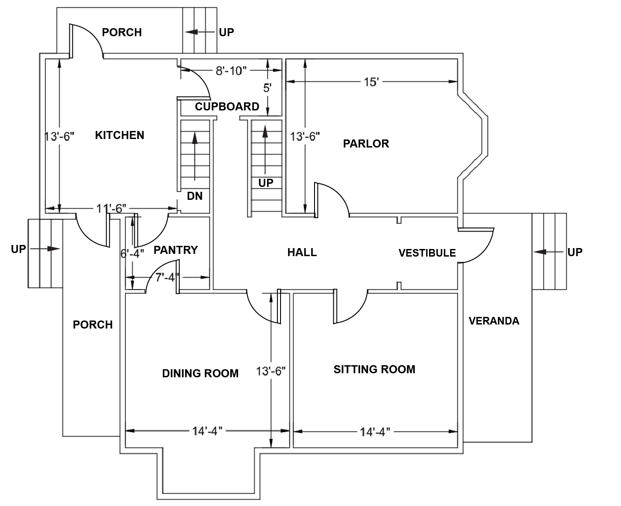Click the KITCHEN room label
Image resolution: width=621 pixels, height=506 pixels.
pyautogui.click(x=119, y=135)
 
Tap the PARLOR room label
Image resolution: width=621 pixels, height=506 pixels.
pyautogui.click(x=366, y=143)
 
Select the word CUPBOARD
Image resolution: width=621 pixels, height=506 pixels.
pyautogui.click(x=227, y=106)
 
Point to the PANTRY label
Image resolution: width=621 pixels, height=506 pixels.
pyautogui.click(x=176, y=250)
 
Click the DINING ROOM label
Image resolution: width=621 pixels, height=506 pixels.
pyautogui.click(x=200, y=373)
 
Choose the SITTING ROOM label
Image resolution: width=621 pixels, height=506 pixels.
pyautogui.click(x=374, y=369)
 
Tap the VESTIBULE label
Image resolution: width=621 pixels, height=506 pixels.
pyautogui.click(x=427, y=253)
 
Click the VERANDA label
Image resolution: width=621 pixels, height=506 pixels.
pyautogui.click(x=494, y=321)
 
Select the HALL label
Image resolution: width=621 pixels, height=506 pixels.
pyautogui.click(x=302, y=253)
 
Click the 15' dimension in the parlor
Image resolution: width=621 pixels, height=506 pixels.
pyautogui.click(x=371, y=82)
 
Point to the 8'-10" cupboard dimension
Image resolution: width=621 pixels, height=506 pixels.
pyautogui.click(x=231, y=71)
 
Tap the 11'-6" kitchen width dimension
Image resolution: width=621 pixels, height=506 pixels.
pyautogui.click(x=111, y=209)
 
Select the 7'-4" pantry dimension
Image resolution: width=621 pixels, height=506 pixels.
pyautogui.click(x=167, y=278)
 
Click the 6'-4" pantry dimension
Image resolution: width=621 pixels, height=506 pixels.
pyautogui.click(x=132, y=253)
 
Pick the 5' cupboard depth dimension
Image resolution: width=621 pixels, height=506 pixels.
pyautogui.click(x=267, y=88)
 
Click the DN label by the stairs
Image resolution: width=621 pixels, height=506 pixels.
pyautogui.click(x=195, y=196)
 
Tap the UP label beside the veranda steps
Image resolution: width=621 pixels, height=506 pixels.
pyautogui.click(x=575, y=252)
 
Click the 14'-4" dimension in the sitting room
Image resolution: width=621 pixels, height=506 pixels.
pyautogui.click(x=375, y=432)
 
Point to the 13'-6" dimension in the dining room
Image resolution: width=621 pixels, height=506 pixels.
pyautogui.click(x=271, y=371)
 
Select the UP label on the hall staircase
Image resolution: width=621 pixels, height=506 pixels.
pyautogui.click(x=266, y=183)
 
